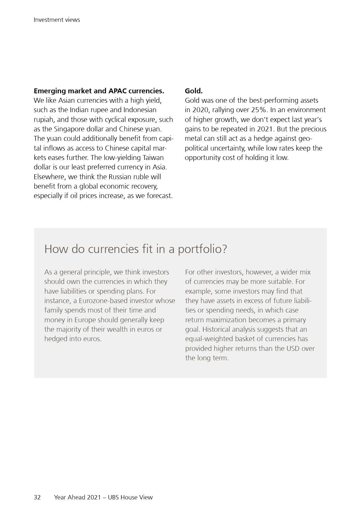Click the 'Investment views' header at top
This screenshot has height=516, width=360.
point(57,20)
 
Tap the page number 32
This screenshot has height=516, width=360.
point(37,497)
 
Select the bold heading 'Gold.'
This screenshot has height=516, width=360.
point(194,91)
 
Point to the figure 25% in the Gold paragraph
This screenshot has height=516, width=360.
point(259,110)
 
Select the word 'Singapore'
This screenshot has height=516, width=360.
point(69,129)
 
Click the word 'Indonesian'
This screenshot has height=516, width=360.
point(140,110)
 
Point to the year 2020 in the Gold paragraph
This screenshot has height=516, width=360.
point(200,110)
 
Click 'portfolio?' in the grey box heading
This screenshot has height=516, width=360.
point(202,249)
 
